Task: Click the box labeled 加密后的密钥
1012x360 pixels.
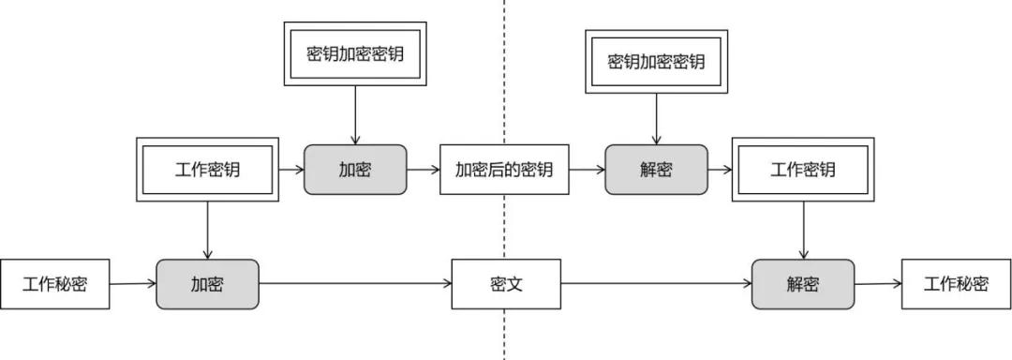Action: pyautogui.click(x=504, y=170)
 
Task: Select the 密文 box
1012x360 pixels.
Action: pyautogui.click(x=506, y=284)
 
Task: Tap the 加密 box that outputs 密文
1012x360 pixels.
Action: pyautogui.click(x=207, y=284)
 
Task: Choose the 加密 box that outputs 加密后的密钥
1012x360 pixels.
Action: pyautogui.click(x=355, y=170)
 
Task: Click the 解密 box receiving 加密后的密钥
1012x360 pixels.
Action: pyautogui.click(x=656, y=170)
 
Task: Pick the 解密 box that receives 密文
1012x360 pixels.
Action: pyautogui.click(x=803, y=284)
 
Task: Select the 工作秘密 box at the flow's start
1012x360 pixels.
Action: pyautogui.click(x=55, y=284)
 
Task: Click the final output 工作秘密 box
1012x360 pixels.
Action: pyautogui.click(x=956, y=284)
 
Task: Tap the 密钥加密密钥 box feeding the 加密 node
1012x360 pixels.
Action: pyautogui.click(x=355, y=54)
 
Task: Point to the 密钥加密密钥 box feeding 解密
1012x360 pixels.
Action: pyautogui.click(x=656, y=62)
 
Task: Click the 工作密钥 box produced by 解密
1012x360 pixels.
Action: pyautogui.click(x=803, y=170)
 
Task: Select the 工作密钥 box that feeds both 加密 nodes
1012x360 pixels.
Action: pyautogui.click(x=207, y=170)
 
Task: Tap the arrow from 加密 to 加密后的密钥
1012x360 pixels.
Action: pyautogui.click(x=424, y=170)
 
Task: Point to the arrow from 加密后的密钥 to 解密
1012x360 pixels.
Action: pyautogui.click(x=587, y=170)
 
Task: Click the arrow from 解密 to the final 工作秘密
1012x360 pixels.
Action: pyautogui.click(x=878, y=283)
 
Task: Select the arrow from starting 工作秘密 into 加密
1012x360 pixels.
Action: pyautogui.click(x=133, y=283)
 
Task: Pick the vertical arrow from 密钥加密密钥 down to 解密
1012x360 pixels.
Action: pyautogui.click(x=656, y=119)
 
